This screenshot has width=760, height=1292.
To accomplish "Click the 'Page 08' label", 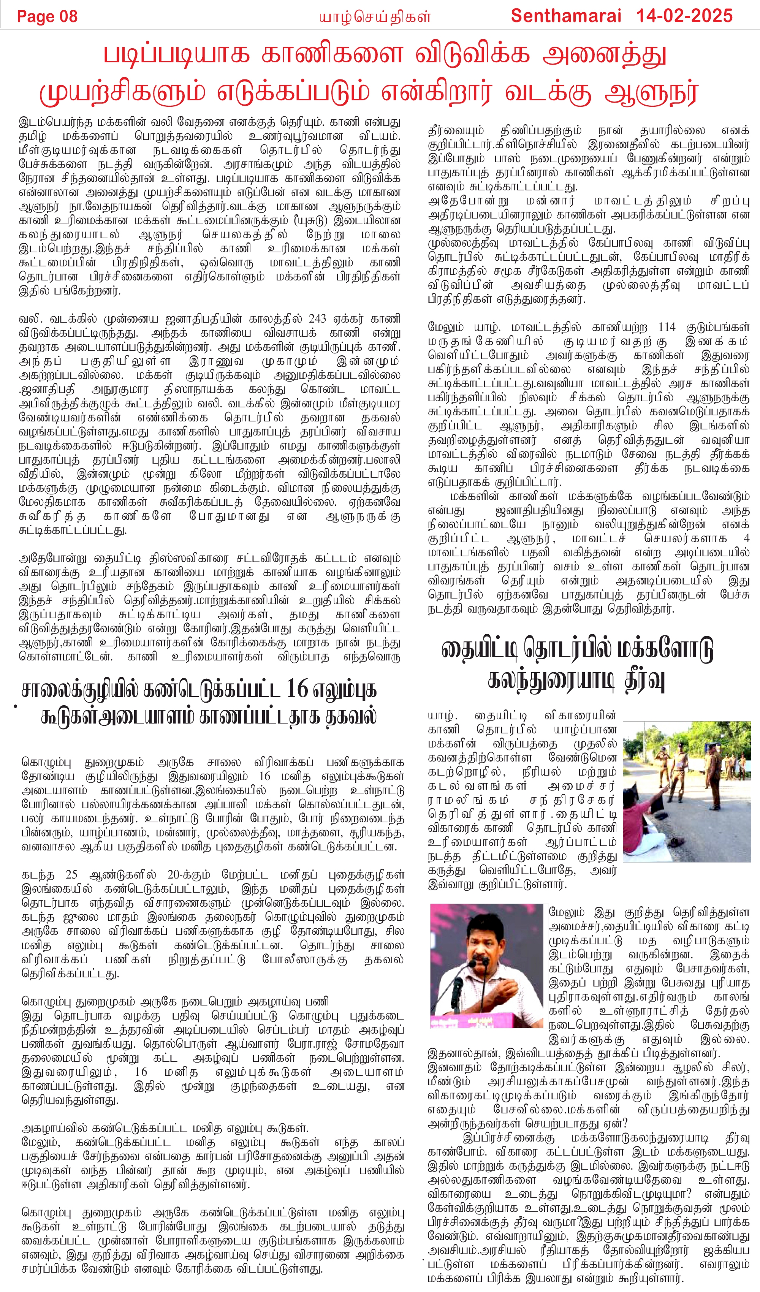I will point(47,16).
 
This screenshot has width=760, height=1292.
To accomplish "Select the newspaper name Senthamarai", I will point(566,16).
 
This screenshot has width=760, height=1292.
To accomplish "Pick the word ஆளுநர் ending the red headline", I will point(651,92).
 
